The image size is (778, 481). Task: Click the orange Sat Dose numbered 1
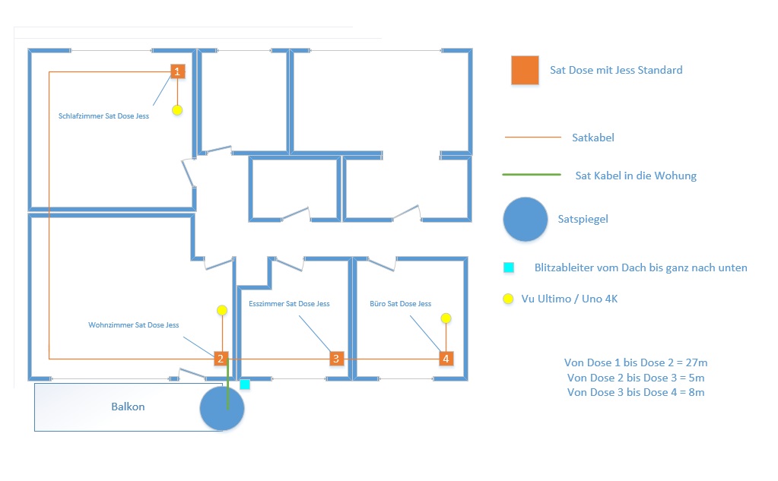pos(178,71)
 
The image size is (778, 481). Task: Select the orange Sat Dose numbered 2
pos(221,359)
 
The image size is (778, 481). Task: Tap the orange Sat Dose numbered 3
pos(336,359)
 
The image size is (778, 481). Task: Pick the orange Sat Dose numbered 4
pos(446,359)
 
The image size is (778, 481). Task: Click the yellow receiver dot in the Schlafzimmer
pos(177,110)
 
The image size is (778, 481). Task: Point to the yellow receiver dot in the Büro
pos(446,318)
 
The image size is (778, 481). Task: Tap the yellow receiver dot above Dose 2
pos(222,311)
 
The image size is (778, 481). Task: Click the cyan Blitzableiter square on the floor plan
pos(245,384)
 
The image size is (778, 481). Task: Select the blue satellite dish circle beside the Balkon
pos(222,408)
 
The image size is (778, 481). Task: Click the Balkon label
pos(128,407)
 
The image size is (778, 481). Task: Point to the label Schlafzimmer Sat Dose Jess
pos(103,116)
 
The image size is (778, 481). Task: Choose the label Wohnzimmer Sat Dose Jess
pos(134,324)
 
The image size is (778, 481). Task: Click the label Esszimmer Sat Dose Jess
pos(289,303)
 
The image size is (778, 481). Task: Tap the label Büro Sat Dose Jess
pos(401,303)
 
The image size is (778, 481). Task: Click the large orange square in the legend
pos(525,70)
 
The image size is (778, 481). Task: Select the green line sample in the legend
pos(532,175)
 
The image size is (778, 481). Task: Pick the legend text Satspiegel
pos(583,219)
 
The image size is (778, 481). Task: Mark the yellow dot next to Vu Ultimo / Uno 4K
pos(508,299)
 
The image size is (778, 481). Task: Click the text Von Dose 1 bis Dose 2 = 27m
pos(636,362)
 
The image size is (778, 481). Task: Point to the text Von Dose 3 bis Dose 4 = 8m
pos(636,392)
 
